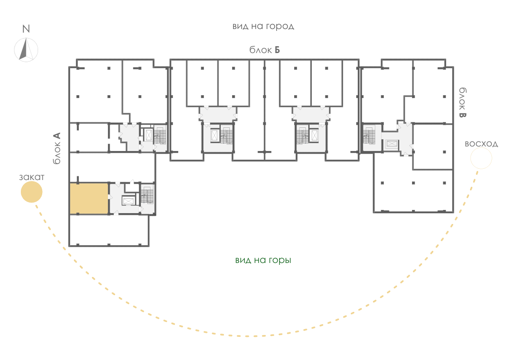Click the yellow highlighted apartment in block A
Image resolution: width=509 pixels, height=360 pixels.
[89, 199]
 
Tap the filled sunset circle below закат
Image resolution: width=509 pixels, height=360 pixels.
[31, 192]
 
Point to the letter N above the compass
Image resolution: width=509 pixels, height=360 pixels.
[26, 29]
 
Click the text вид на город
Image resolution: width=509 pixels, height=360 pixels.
[263, 26]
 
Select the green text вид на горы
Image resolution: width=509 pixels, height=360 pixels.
[263, 260]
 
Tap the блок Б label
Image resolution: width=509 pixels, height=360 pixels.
[265, 50]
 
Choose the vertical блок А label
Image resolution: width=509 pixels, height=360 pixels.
[57, 148]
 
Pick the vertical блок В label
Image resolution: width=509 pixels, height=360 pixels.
[462, 102]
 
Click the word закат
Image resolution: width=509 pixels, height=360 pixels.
[32, 177]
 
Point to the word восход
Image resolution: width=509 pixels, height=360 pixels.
[481, 144]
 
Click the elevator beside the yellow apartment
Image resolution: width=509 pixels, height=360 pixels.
[128, 201]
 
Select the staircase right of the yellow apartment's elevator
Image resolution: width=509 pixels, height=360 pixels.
[147, 195]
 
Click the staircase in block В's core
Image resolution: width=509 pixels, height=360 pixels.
[369, 136]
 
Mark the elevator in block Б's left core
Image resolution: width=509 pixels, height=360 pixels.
[214, 136]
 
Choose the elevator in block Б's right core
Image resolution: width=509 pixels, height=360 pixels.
[314, 136]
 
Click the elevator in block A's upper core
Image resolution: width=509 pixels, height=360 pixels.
[148, 136]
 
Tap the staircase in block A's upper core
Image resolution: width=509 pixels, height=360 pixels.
[160, 136]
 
